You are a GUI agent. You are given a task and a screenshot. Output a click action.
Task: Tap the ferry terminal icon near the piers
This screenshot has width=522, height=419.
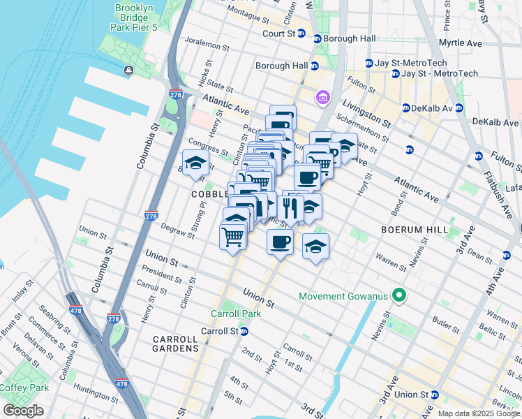(128, 70)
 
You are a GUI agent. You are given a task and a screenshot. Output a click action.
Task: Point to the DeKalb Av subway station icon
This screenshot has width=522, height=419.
(406, 108)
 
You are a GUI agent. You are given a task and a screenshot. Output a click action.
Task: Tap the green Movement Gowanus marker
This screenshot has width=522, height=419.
(400, 296)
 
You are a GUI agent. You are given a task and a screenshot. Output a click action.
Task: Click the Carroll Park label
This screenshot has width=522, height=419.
(236, 314)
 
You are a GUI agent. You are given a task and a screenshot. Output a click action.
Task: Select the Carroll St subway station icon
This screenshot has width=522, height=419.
(244, 331)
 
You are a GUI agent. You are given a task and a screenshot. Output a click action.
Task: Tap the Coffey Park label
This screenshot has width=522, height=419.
(24, 388)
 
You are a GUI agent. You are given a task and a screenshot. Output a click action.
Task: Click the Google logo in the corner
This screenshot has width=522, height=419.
(24, 410)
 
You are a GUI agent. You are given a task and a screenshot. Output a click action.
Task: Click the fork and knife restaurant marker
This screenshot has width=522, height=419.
(290, 207)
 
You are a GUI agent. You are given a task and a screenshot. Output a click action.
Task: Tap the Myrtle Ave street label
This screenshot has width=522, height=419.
(461, 43)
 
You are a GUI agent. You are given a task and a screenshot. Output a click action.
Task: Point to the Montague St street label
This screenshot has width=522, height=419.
(251, 11)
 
